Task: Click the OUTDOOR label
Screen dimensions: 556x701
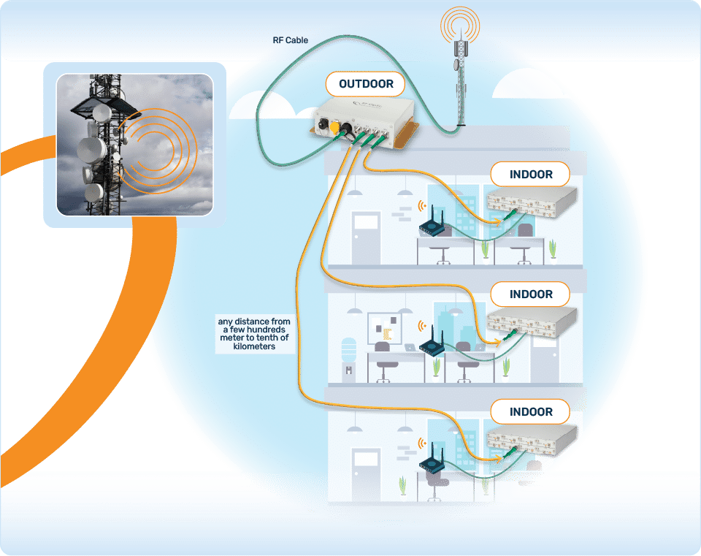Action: point(366,84)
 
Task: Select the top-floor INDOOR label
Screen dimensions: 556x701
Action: point(531,175)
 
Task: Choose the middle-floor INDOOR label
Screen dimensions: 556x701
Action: point(531,294)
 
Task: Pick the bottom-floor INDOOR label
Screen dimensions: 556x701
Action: point(531,411)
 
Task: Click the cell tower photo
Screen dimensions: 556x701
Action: point(129,144)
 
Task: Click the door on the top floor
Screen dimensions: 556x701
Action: point(365,237)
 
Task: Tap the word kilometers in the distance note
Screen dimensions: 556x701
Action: point(251,347)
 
